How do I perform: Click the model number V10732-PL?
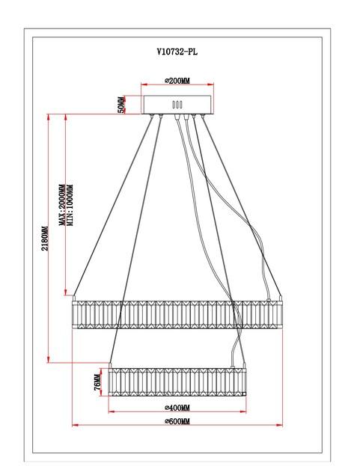177,52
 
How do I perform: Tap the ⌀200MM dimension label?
177,80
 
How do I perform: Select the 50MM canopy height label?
121,105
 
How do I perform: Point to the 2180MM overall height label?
45,239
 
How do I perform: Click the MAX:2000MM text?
62,205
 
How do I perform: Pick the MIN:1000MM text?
70,205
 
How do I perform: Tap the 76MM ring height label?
97,382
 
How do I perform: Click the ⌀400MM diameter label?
177,408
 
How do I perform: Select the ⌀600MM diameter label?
177,421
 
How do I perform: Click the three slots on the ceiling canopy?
177,105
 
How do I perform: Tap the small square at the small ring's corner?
245,394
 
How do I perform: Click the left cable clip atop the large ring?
74,298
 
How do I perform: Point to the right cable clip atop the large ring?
281,298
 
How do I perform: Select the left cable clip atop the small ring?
110,365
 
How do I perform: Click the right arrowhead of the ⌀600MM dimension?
279,425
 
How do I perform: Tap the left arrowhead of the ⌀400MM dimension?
112,411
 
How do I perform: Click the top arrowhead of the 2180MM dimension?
48,117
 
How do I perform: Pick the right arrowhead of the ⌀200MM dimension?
210,85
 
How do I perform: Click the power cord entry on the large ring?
269,300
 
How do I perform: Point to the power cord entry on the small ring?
233,367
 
